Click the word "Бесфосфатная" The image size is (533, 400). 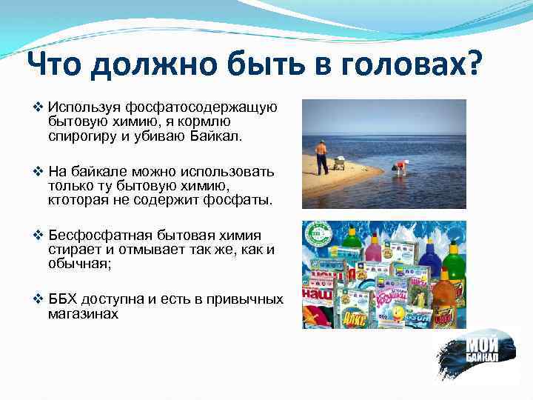[x=93, y=237]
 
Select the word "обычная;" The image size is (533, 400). [x=76, y=264]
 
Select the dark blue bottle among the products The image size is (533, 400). [x=429, y=255]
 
